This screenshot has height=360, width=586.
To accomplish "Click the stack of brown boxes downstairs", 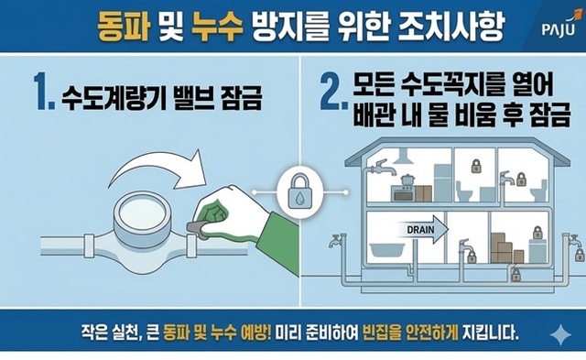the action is (501, 245).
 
